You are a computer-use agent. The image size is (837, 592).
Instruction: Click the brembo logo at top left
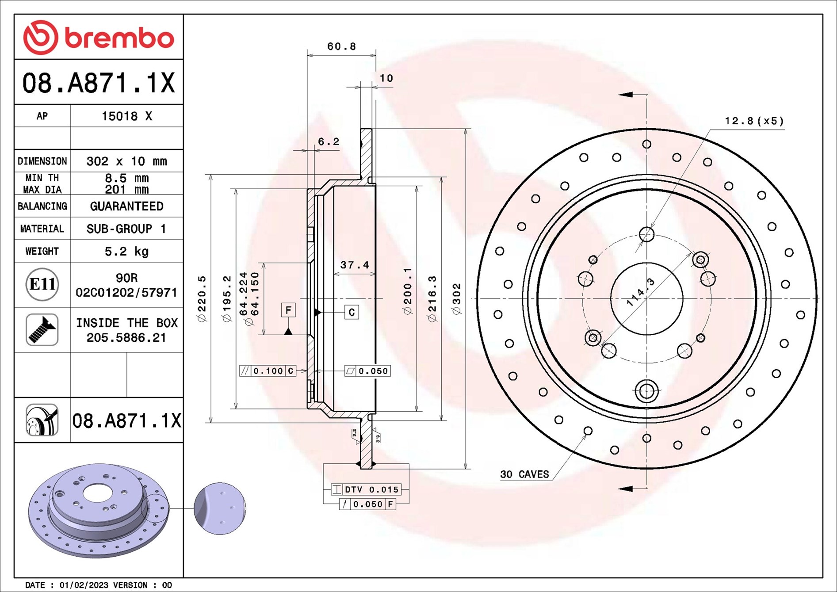[98, 38]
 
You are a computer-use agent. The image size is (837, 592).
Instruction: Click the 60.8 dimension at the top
[341, 46]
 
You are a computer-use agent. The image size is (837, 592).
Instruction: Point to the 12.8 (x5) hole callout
[754, 121]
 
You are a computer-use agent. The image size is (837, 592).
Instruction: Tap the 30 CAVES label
[524, 474]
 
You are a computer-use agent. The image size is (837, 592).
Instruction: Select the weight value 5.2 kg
[126, 252]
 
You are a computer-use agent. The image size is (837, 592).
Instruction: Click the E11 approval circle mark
[42, 284]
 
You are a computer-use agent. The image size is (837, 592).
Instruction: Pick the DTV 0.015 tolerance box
[367, 489]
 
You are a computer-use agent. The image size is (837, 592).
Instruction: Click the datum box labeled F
[288, 310]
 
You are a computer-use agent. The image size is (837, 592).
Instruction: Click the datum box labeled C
[352, 312]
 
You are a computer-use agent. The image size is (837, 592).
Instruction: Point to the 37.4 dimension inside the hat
[354, 265]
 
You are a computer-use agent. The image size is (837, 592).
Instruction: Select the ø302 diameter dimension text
[457, 299]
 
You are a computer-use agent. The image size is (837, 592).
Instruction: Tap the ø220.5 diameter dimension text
[202, 299]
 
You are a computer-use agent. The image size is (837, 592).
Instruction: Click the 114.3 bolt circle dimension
[641, 292]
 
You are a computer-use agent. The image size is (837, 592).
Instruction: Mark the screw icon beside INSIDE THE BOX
[42, 330]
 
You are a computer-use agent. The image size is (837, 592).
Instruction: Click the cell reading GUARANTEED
[126, 206]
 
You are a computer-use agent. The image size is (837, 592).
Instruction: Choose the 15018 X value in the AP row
[126, 116]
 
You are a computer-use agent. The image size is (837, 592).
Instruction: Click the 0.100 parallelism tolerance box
[268, 371]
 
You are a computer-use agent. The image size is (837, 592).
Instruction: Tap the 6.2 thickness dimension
[329, 141]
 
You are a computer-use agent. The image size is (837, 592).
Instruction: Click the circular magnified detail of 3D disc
[220, 508]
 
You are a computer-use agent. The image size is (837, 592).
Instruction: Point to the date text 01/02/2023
[84, 585]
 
